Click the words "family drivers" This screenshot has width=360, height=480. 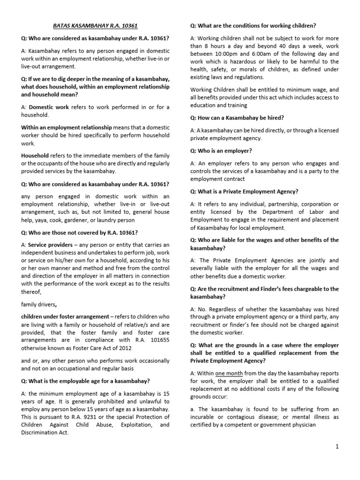(x=39, y=304)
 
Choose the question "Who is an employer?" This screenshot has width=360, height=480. (x=221, y=150)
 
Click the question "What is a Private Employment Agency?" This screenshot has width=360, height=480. (x=244, y=191)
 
